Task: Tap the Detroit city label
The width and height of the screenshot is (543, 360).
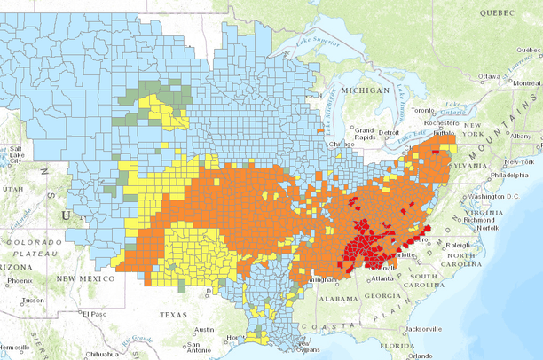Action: click(x=389, y=133)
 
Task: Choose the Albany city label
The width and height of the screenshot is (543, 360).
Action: click(x=521, y=135)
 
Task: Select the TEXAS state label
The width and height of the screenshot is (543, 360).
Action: click(x=175, y=315)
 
